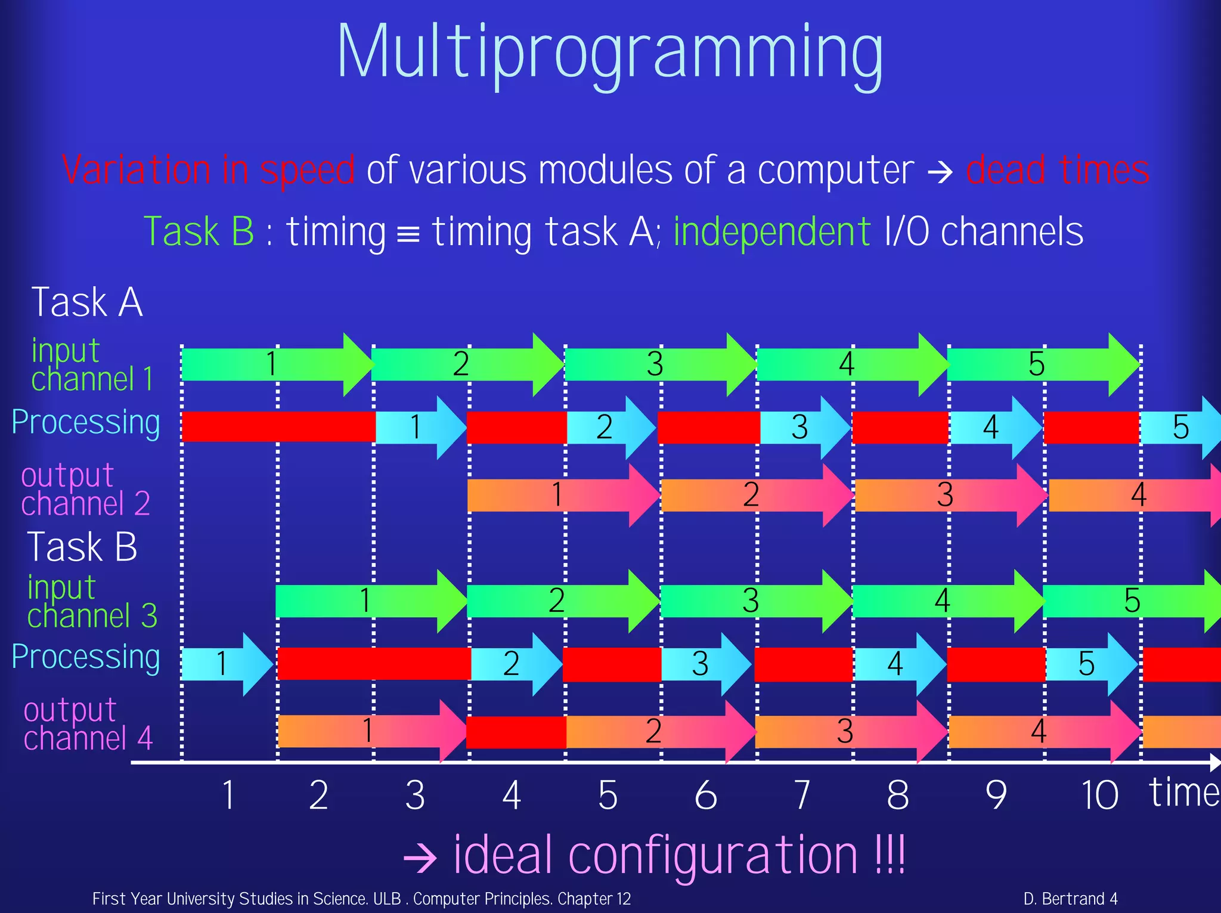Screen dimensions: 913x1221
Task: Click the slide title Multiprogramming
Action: (x=609, y=54)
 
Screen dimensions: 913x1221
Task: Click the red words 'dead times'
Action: (x=1057, y=171)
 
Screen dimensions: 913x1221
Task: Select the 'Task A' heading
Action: (x=87, y=302)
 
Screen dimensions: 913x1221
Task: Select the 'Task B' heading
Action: (x=82, y=547)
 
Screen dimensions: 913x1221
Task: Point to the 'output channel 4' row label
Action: (x=87, y=724)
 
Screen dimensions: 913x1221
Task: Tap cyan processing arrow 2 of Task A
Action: (x=608, y=427)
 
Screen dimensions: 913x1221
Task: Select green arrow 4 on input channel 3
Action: (x=942, y=601)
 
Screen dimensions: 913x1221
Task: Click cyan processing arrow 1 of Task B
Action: (x=224, y=664)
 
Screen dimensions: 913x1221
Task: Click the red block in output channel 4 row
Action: (x=516, y=732)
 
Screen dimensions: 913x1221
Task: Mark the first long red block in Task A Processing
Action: (x=278, y=426)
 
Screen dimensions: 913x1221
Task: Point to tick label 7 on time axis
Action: (x=802, y=795)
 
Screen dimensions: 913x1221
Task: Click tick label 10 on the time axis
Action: (x=1099, y=795)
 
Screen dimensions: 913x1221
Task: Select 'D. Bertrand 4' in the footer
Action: (x=1070, y=899)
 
